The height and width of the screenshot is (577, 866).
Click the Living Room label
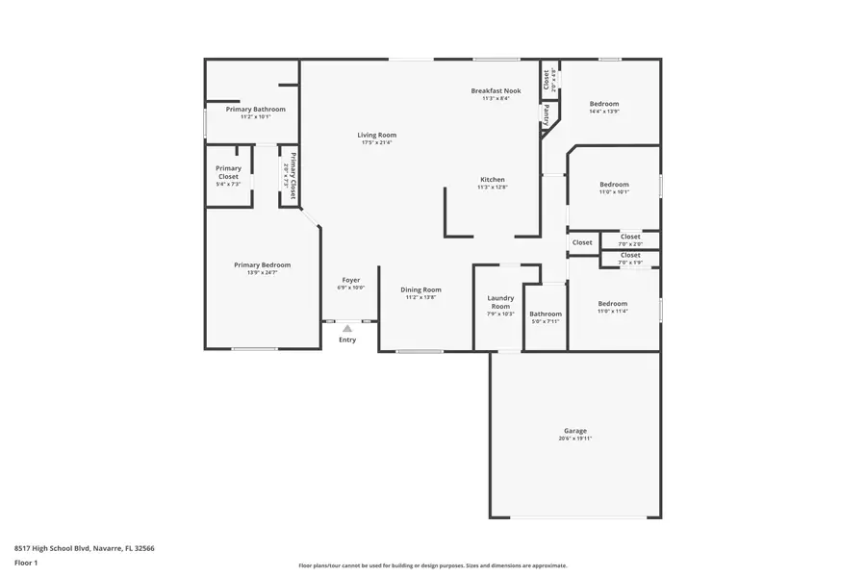click(x=377, y=136)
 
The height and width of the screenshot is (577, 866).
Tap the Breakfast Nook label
click(x=496, y=90)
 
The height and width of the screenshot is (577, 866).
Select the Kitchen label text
click(x=493, y=180)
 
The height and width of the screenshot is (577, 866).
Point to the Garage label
click(x=575, y=431)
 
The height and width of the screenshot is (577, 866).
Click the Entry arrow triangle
click(x=347, y=329)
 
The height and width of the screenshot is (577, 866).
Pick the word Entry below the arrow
click(x=347, y=339)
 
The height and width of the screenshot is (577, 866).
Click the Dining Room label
click(x=421, y=289)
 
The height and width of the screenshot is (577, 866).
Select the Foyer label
click(x=351, y=280)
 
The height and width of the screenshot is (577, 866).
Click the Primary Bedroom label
click(x=262, y=264)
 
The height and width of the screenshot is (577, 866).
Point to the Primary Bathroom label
click(x=255, y=110)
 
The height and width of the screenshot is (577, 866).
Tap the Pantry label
click(x=546, y=115)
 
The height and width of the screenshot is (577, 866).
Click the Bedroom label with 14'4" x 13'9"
click(x=603, y=104)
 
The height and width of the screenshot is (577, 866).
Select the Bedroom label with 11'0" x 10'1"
click(x=614, y=185)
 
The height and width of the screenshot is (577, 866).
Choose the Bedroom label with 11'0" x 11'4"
click(x=612, y=303)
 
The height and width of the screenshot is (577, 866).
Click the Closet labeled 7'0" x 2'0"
click(x=630, y=237)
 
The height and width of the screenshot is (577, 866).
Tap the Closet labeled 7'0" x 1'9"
click(x=630, y=255)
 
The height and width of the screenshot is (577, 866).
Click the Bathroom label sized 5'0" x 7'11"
click(x=546, y=314)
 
